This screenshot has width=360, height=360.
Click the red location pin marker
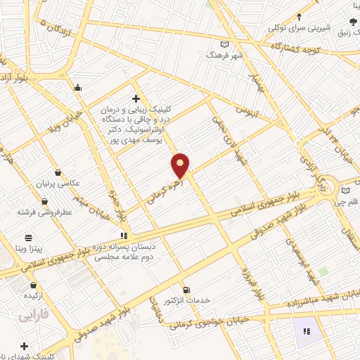(x=181, y=165)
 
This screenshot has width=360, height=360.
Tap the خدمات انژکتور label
(x=186, y=300)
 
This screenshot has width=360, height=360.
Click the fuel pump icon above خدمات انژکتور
(x=186, y=289)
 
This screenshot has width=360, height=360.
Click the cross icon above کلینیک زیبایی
(x=136, y=99)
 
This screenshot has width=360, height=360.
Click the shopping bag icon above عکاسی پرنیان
(x=57, y=172)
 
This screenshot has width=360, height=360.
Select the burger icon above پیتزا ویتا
(x=28, y=238)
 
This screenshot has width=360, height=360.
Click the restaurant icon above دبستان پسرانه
(x=124, y=236)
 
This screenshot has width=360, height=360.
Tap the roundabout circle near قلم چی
(x=346, y=190)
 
